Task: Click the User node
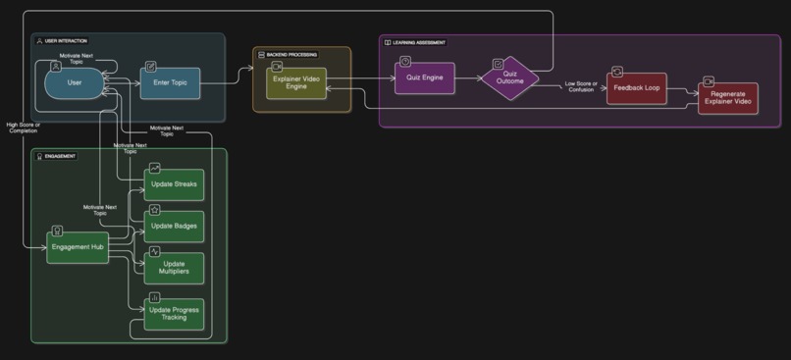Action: tap(75, 83)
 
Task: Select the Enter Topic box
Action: tap(170, 83)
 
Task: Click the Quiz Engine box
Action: tap(424, 78)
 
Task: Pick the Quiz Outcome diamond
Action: tap(509, 77)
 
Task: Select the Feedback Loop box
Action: tap(636, 88)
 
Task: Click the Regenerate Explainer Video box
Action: tap(727, 98)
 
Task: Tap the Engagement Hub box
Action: tap(78, 247)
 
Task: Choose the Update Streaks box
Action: tap(174, 184)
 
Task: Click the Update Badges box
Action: tap(174, 227)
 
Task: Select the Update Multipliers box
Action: tap(174, 268)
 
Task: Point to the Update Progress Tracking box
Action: tap(174, 314)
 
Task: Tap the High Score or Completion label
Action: tap(24, 129)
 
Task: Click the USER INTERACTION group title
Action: tap(66, 41)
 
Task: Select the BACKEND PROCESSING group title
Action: tap(291, 54)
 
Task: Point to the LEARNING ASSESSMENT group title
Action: tap(419, 43)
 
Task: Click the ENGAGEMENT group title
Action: tap(61, 156)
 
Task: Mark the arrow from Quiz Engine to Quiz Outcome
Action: tap(467, 78)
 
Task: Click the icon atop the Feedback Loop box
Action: tap(617, 72)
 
